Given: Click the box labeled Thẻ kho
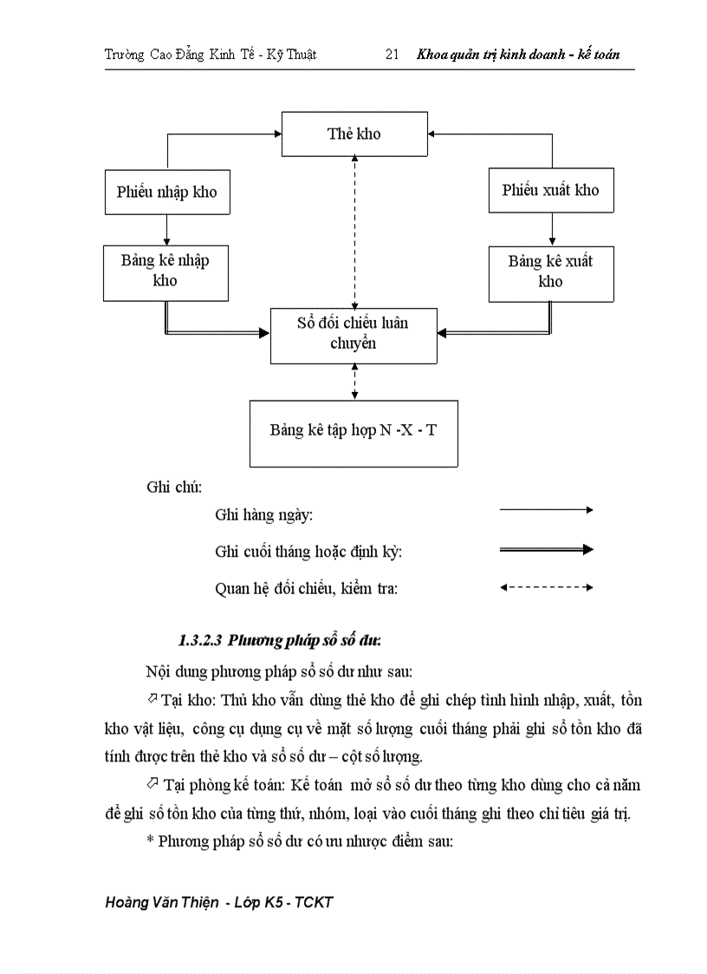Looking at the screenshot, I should pos(353,134).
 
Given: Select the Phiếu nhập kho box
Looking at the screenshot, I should pos(166,192).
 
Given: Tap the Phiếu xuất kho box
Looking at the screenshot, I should pos(550,191).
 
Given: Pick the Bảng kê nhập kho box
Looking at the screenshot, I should pos(165,271).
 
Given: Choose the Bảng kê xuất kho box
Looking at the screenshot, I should pos(550,271).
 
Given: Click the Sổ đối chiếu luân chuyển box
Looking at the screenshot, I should pos(353,334).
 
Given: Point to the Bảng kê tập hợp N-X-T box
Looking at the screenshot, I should pos(353,431).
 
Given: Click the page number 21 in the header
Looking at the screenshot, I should pos(392,55).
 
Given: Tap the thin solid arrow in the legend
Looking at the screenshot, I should pos(546,510).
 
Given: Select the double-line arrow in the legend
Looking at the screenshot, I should pos(546,549).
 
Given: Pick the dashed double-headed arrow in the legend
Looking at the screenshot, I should pos(546,587).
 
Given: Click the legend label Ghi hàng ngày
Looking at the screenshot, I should pos(263,515).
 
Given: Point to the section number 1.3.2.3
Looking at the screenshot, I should pos(200,641).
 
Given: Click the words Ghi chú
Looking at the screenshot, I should pos(174,487).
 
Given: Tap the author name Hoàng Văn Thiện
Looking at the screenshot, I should pos(161,903).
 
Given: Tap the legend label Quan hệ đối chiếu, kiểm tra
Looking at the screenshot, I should pos(306,589).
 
